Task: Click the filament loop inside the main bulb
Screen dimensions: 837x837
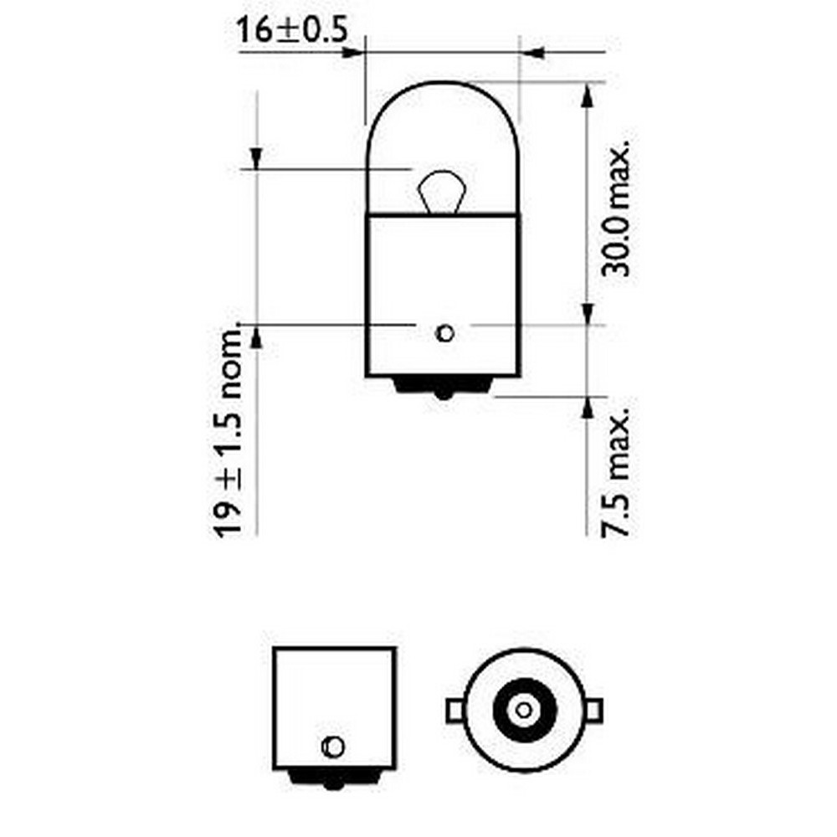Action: tap(440, 190)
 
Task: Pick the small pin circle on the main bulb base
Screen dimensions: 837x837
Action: tap(445, 334)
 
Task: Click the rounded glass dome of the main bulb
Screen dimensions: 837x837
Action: tap(444, 126)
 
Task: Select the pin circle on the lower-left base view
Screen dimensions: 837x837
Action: tap(332, 744)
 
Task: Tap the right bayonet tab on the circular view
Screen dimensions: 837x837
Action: tap(593, 710)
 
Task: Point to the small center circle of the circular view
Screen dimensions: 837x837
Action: tap(524, 710)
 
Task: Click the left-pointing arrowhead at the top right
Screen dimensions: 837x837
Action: tap(533, 53)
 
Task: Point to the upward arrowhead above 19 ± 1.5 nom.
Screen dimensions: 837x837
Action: tap(256, 336)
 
